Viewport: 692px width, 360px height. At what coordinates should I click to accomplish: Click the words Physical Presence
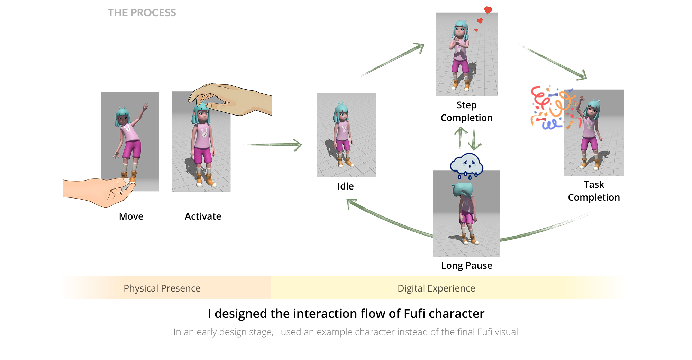(x=162, y=288)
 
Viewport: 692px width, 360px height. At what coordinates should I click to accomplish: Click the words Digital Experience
(x=436, y=288)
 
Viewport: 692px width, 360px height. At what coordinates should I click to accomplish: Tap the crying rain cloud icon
(x=466, y=165)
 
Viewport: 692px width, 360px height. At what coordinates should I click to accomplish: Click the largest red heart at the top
(x=488, y=10)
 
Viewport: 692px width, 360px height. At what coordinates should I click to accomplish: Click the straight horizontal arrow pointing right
(x=273, y=145)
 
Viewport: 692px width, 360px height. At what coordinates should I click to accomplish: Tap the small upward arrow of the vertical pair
(x=461, y=138)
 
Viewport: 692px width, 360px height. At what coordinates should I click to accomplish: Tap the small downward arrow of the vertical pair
(x=474, y=138)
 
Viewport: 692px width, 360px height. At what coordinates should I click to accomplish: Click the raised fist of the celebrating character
(x=582, y=98)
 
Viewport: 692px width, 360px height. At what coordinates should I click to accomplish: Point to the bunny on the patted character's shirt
(x=204, y=132)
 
